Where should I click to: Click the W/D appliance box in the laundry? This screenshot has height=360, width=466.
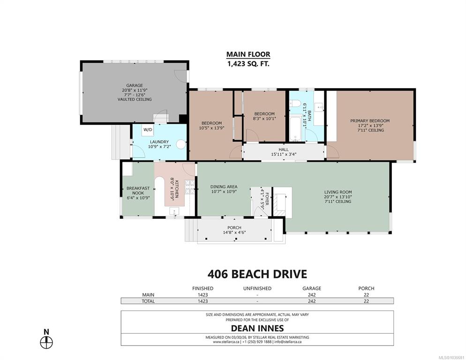tap(148, 130)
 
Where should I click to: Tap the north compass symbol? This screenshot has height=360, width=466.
tap(46, 343)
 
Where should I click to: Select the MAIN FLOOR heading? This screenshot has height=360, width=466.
tap(248, 54)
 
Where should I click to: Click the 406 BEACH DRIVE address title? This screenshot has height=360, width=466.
tap(257, 274)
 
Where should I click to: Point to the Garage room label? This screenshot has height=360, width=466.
tap(135, 85)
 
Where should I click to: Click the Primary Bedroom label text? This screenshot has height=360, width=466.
tap(370, 120)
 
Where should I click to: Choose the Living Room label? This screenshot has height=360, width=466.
tap(338, 192)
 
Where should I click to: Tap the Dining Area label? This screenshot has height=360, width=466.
tap(224, 187)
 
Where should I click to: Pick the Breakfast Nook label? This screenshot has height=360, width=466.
tap(138, 191)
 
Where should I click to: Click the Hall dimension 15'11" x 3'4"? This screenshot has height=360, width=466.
tap(284, 154)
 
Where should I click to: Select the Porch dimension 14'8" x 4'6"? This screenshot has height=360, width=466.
tap(234, 232)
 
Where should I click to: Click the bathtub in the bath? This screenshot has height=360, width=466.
tap(295, 128)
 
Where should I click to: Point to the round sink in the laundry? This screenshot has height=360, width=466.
tap(181, 144)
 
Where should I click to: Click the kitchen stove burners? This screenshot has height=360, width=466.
tap(189, 187)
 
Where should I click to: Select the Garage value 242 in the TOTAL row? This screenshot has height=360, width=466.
tap(312, 301)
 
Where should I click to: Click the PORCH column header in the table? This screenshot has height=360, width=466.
tap(366, 288)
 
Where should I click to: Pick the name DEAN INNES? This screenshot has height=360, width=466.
tap(257, 328)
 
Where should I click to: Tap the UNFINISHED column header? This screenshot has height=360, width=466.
tap(257, 288)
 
